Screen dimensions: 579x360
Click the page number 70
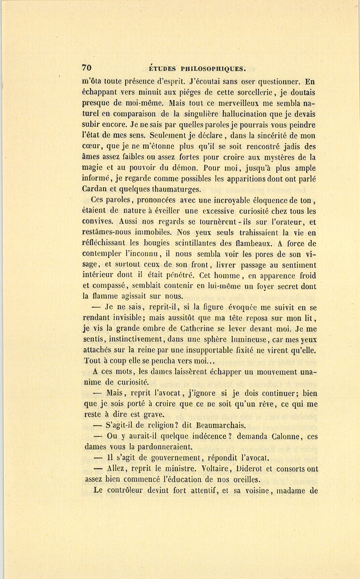pyautogui.click(x=86, y=68)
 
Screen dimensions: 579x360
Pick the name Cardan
pyautogui.click(x=96, y=189)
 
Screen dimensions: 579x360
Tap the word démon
pyautogui.click(x=164, y=168)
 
